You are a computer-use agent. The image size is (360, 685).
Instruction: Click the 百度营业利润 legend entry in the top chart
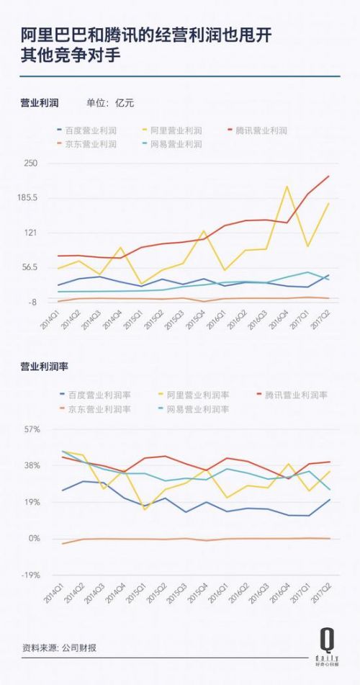point(91,131)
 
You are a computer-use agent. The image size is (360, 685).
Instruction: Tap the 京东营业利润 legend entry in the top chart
point(91,145)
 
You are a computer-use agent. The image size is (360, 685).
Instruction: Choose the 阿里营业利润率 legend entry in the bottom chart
point(197,395)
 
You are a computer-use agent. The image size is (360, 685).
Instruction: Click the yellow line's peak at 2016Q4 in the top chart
point(287,187)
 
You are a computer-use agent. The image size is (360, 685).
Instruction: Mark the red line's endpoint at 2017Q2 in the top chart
point(329,176)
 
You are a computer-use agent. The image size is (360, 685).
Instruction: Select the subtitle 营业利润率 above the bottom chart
point(43,367)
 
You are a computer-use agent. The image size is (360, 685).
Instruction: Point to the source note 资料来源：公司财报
point(58,648)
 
